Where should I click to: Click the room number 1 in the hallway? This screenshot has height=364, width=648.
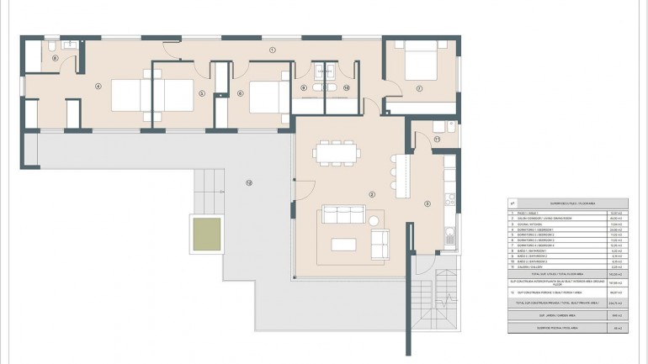click(x=273, y=50)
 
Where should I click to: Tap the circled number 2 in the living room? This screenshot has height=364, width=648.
click(x=371, y=194)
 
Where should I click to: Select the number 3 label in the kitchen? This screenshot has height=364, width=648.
click(x=428, y=203)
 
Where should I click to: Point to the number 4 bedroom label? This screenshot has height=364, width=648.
click(x=98, y=85)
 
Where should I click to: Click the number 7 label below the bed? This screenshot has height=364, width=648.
click(x=418, y=88)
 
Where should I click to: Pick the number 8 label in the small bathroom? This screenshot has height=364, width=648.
click(x=56, y=58)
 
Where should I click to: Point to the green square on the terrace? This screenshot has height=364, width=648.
click(x=207, y=234)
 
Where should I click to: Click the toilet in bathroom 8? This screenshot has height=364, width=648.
click(x=51, y=45)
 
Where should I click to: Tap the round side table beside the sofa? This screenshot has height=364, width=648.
click(x=374, y=220)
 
